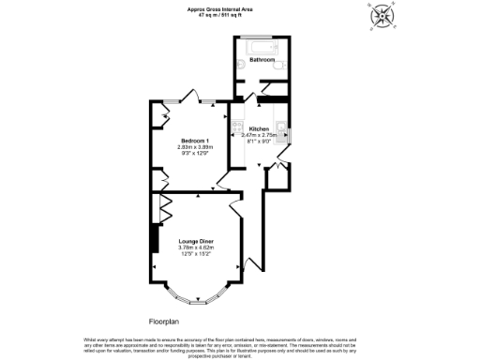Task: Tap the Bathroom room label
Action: click(x=262, y=60)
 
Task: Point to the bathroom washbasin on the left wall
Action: click(x=240, y=65)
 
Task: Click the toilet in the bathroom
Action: click(x=277, y=62)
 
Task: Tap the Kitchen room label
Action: click(x=259, y=128)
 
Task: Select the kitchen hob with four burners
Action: click(x=237, y=126)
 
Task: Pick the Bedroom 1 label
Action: click(x=195, y=140)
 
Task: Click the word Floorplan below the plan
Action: click(x=164, y=321)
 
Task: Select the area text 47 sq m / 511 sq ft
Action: click(x=219, y=15)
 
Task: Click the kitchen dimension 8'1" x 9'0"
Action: click(x=259, y=142)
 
